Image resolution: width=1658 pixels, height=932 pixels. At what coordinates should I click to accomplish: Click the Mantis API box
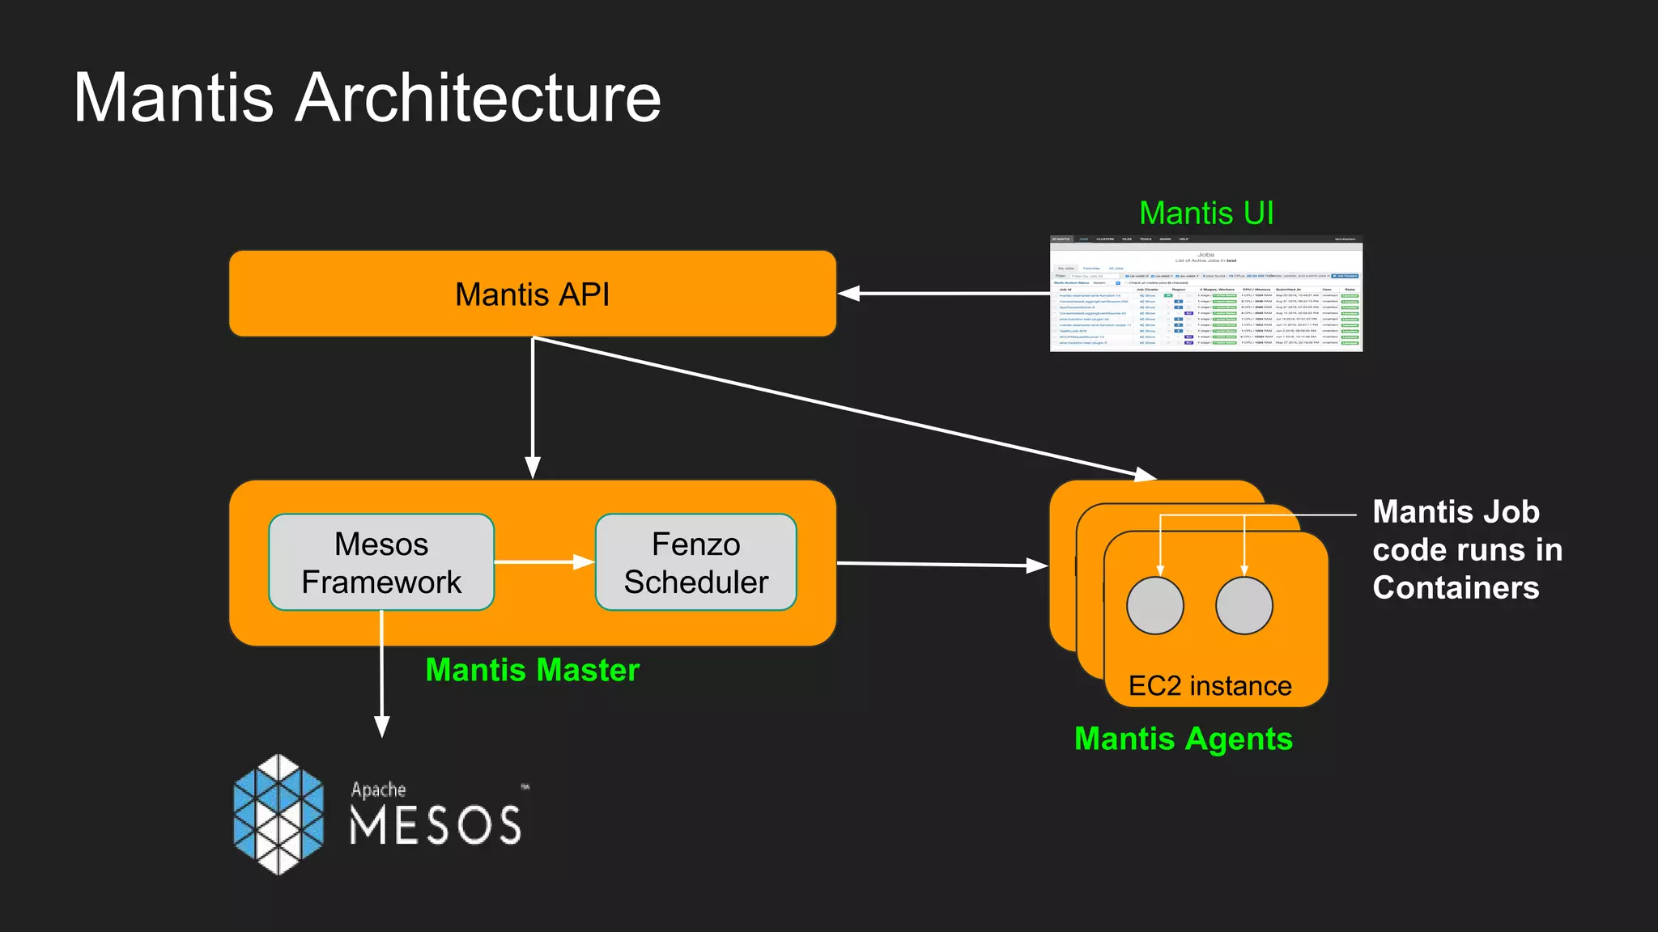click(532, 294)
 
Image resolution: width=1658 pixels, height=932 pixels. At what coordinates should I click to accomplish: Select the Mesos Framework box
click(381, 562)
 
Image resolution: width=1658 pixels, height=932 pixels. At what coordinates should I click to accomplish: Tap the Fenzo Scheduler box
click(695, 562)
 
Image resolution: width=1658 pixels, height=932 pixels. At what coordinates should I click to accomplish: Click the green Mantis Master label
click(532, 670)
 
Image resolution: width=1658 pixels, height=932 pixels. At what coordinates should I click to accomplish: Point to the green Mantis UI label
click(1205, 214)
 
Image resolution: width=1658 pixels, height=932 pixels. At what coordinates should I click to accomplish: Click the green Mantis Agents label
click(1183, 739)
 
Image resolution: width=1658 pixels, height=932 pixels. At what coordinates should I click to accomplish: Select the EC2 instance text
click(1209, 686)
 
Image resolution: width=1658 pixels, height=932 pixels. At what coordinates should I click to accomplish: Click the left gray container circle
click(1155, 605)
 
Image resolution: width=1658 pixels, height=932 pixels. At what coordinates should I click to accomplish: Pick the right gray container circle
click(1243, 605)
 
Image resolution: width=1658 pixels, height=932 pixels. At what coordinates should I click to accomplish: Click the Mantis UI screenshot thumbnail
click(1205, 294)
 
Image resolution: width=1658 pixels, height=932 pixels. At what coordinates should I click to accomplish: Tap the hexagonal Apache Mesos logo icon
click(278, 814)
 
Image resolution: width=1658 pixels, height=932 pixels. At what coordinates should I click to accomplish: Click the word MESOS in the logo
click(436, 826)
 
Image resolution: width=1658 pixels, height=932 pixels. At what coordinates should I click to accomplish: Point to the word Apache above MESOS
click(378, 790)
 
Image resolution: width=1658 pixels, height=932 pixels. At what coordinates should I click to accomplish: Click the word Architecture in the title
click(478, 98)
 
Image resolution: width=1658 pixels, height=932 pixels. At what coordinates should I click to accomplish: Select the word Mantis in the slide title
click(173, 98)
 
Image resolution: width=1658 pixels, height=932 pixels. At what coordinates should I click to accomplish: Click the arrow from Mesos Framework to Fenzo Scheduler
click(544, 561)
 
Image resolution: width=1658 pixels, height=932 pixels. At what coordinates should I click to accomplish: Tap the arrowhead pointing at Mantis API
click(848, 294)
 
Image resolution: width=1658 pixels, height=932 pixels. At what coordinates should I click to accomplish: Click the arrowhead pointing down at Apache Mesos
click(382, 726)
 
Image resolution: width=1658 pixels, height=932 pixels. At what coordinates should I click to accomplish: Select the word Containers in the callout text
click(1455, 588)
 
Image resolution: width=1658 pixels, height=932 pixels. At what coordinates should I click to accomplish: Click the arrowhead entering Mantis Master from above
click(532, 468)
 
